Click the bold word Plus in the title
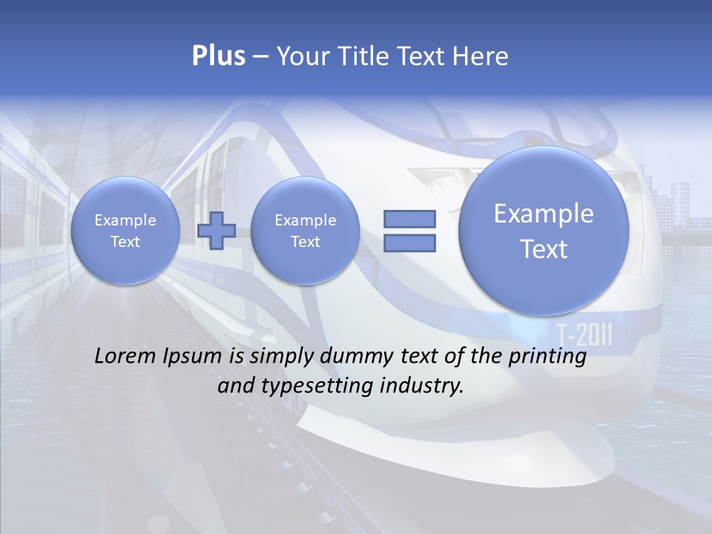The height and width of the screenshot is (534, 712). coord(218,56)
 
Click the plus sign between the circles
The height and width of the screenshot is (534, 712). coord(216,231)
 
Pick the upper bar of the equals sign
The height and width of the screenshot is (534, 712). coord(409,219)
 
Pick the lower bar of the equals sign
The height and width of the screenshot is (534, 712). coord(409,243)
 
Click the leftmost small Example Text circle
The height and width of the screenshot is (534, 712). coord(125,231)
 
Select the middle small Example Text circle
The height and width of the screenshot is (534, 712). coord(306,231)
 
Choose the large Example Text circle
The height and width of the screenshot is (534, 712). coord(544,231)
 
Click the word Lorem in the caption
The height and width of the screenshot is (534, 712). coord(126,357)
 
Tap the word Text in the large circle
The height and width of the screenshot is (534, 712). coord(544,249)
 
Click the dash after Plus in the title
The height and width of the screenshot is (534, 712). coord(260,57)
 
